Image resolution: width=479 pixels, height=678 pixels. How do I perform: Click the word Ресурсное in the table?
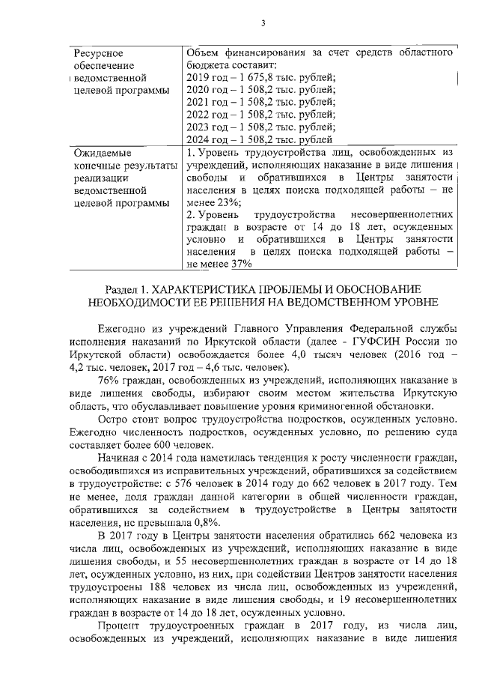(x=99, y=52)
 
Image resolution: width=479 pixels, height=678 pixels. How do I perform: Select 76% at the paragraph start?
(x=109, y=381)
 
